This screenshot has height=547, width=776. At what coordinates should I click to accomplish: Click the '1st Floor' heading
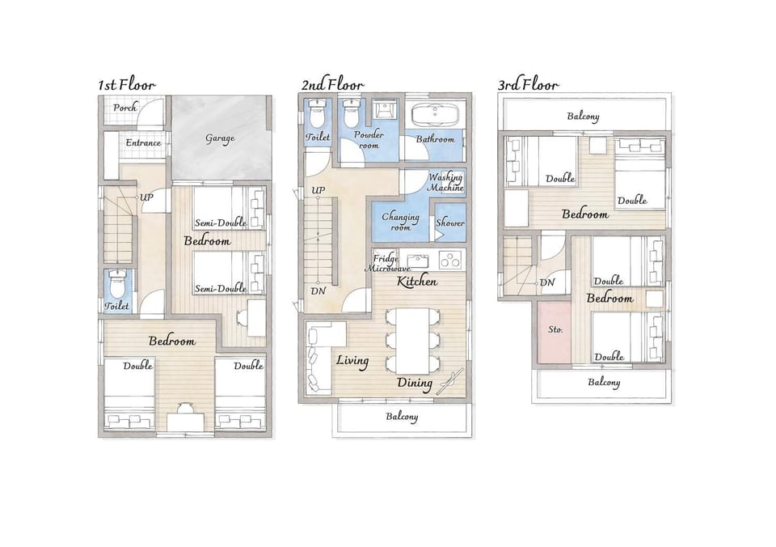click(x=127, y=85)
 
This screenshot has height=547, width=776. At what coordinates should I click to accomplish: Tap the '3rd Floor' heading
click(x=528, y=85)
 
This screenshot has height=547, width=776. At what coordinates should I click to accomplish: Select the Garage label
click(x=220, y=138)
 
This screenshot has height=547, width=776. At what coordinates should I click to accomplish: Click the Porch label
click(x=124, y=108)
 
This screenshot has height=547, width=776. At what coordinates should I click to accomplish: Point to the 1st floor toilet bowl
click(x=118, y=283)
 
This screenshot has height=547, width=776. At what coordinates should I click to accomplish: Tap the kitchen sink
click(x=418, y=260)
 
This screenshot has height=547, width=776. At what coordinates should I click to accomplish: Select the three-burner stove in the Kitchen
click(x=450, y=260)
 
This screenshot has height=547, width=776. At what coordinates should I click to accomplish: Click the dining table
click(x=412, y=341)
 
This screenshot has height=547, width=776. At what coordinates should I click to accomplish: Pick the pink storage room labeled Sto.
click(x=555, y=332)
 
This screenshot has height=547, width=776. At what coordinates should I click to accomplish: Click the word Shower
click(x=450, y=223)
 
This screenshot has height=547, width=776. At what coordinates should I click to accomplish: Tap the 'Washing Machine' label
click(x=445, y=182)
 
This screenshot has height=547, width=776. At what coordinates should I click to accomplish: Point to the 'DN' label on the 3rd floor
click(x=547, y=282)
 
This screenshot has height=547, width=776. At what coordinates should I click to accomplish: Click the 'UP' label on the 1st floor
click(x=146, y=197)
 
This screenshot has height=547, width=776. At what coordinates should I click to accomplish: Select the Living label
click(x=352, y=360)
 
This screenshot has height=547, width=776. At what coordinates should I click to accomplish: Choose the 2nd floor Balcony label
click(x=402, y=417)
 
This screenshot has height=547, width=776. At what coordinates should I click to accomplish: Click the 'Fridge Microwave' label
click(x=387, y=263)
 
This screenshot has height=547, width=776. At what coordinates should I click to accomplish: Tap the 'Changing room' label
click(x=400, y=222)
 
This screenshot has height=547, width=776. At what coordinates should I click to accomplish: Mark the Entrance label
click(x=143, y=142)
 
